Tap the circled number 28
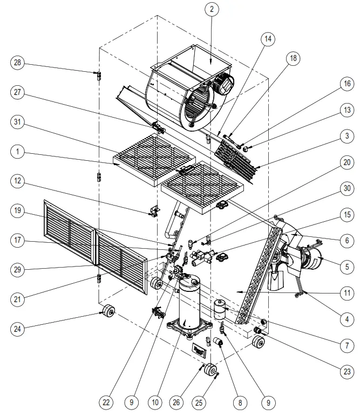(x=18, y=63)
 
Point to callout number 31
(x=18, y=122)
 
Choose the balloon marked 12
(x=18, y=182)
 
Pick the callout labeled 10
(x=155, y=401)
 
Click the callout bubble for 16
(x=345, y=84)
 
